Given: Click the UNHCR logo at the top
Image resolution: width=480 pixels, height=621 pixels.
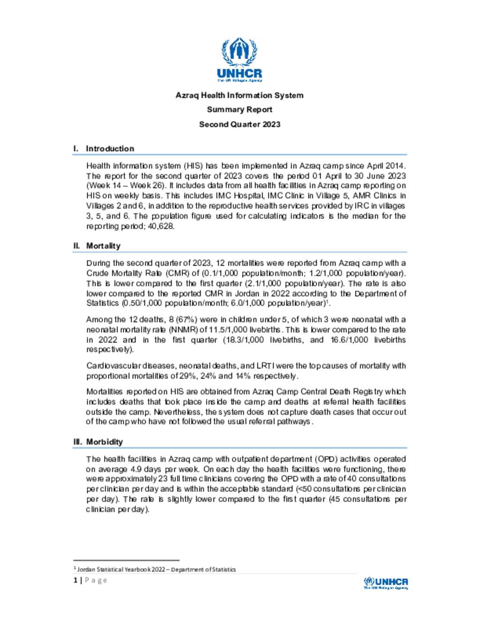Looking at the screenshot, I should click(240, 60).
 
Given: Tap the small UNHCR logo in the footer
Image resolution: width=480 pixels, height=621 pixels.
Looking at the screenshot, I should click(386, 583).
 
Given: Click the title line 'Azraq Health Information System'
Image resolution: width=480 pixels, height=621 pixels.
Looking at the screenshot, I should click(240, 95).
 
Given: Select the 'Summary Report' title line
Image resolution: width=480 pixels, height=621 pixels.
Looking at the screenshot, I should click(240, 110).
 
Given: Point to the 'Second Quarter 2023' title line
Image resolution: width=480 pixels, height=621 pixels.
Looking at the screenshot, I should click(240, 124).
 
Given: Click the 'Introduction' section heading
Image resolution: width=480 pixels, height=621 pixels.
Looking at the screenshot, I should click(110, 149).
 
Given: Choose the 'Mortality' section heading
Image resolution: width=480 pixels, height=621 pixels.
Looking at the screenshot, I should click(103, 246).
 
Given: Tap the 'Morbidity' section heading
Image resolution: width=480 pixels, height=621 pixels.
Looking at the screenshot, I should click(105, 442).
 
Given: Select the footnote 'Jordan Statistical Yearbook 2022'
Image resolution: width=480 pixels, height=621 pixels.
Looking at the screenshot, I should click(156, 569).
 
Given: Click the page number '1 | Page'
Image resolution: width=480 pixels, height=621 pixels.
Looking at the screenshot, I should click(90, 580).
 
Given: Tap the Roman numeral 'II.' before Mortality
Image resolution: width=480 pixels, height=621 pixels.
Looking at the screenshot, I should click(77, 246).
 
